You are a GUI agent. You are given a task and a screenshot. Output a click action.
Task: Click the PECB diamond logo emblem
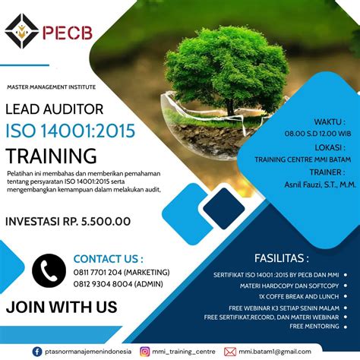point(22,31)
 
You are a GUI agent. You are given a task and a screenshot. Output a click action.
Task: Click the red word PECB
point(67,33)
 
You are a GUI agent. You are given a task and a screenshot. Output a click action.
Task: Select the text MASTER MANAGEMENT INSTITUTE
point(52,87)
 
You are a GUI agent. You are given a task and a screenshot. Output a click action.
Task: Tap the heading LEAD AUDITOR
point(55,109)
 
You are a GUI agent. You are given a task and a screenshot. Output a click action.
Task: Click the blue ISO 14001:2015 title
point(71,131)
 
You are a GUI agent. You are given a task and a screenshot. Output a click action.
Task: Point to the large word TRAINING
point(51,156)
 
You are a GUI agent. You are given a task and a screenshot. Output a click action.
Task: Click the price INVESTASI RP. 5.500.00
point(68,222)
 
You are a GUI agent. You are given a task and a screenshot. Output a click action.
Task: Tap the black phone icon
point(49,270)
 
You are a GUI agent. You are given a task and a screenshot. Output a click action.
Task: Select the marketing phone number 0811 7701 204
point(98,273)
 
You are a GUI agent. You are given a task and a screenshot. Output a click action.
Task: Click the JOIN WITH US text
point(62,307)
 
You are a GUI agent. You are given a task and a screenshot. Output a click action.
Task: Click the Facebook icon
point(37,352)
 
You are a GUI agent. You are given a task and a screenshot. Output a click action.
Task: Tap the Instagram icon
point(145,352)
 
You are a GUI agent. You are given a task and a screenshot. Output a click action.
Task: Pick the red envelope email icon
point(230,352)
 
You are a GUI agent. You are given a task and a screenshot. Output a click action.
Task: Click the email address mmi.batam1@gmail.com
point(275,352)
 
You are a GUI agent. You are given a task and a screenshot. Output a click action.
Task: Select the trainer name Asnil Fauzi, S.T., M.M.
point(321,185)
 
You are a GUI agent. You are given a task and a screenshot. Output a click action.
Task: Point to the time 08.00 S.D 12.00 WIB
point(317,134)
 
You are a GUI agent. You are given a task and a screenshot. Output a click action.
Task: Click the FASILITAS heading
point(282,258)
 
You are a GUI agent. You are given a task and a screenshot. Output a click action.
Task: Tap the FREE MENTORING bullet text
point(314,327)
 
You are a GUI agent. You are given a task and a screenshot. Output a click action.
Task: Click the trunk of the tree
point(230,107)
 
